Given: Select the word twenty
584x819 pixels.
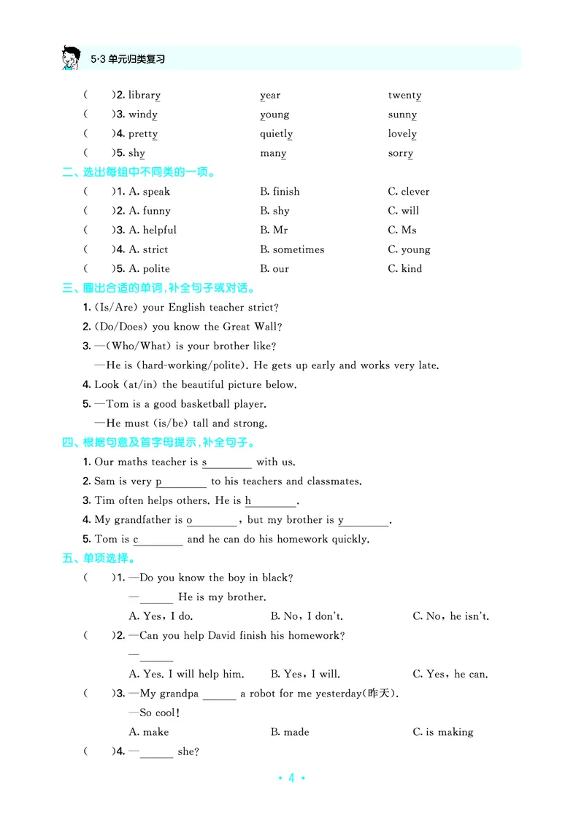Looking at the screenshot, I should [x=404, y=96].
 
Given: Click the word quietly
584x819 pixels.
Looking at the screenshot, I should [x=276, y=134].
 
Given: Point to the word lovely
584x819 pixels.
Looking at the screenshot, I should [x=402, y=134].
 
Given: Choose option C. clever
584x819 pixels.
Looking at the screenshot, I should [x=409, y=192].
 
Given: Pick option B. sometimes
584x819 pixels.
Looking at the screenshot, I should [x=292, y=249].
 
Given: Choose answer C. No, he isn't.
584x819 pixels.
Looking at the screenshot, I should [x=450, y=617].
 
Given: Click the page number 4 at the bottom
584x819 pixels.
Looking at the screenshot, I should [x=291, y=778].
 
